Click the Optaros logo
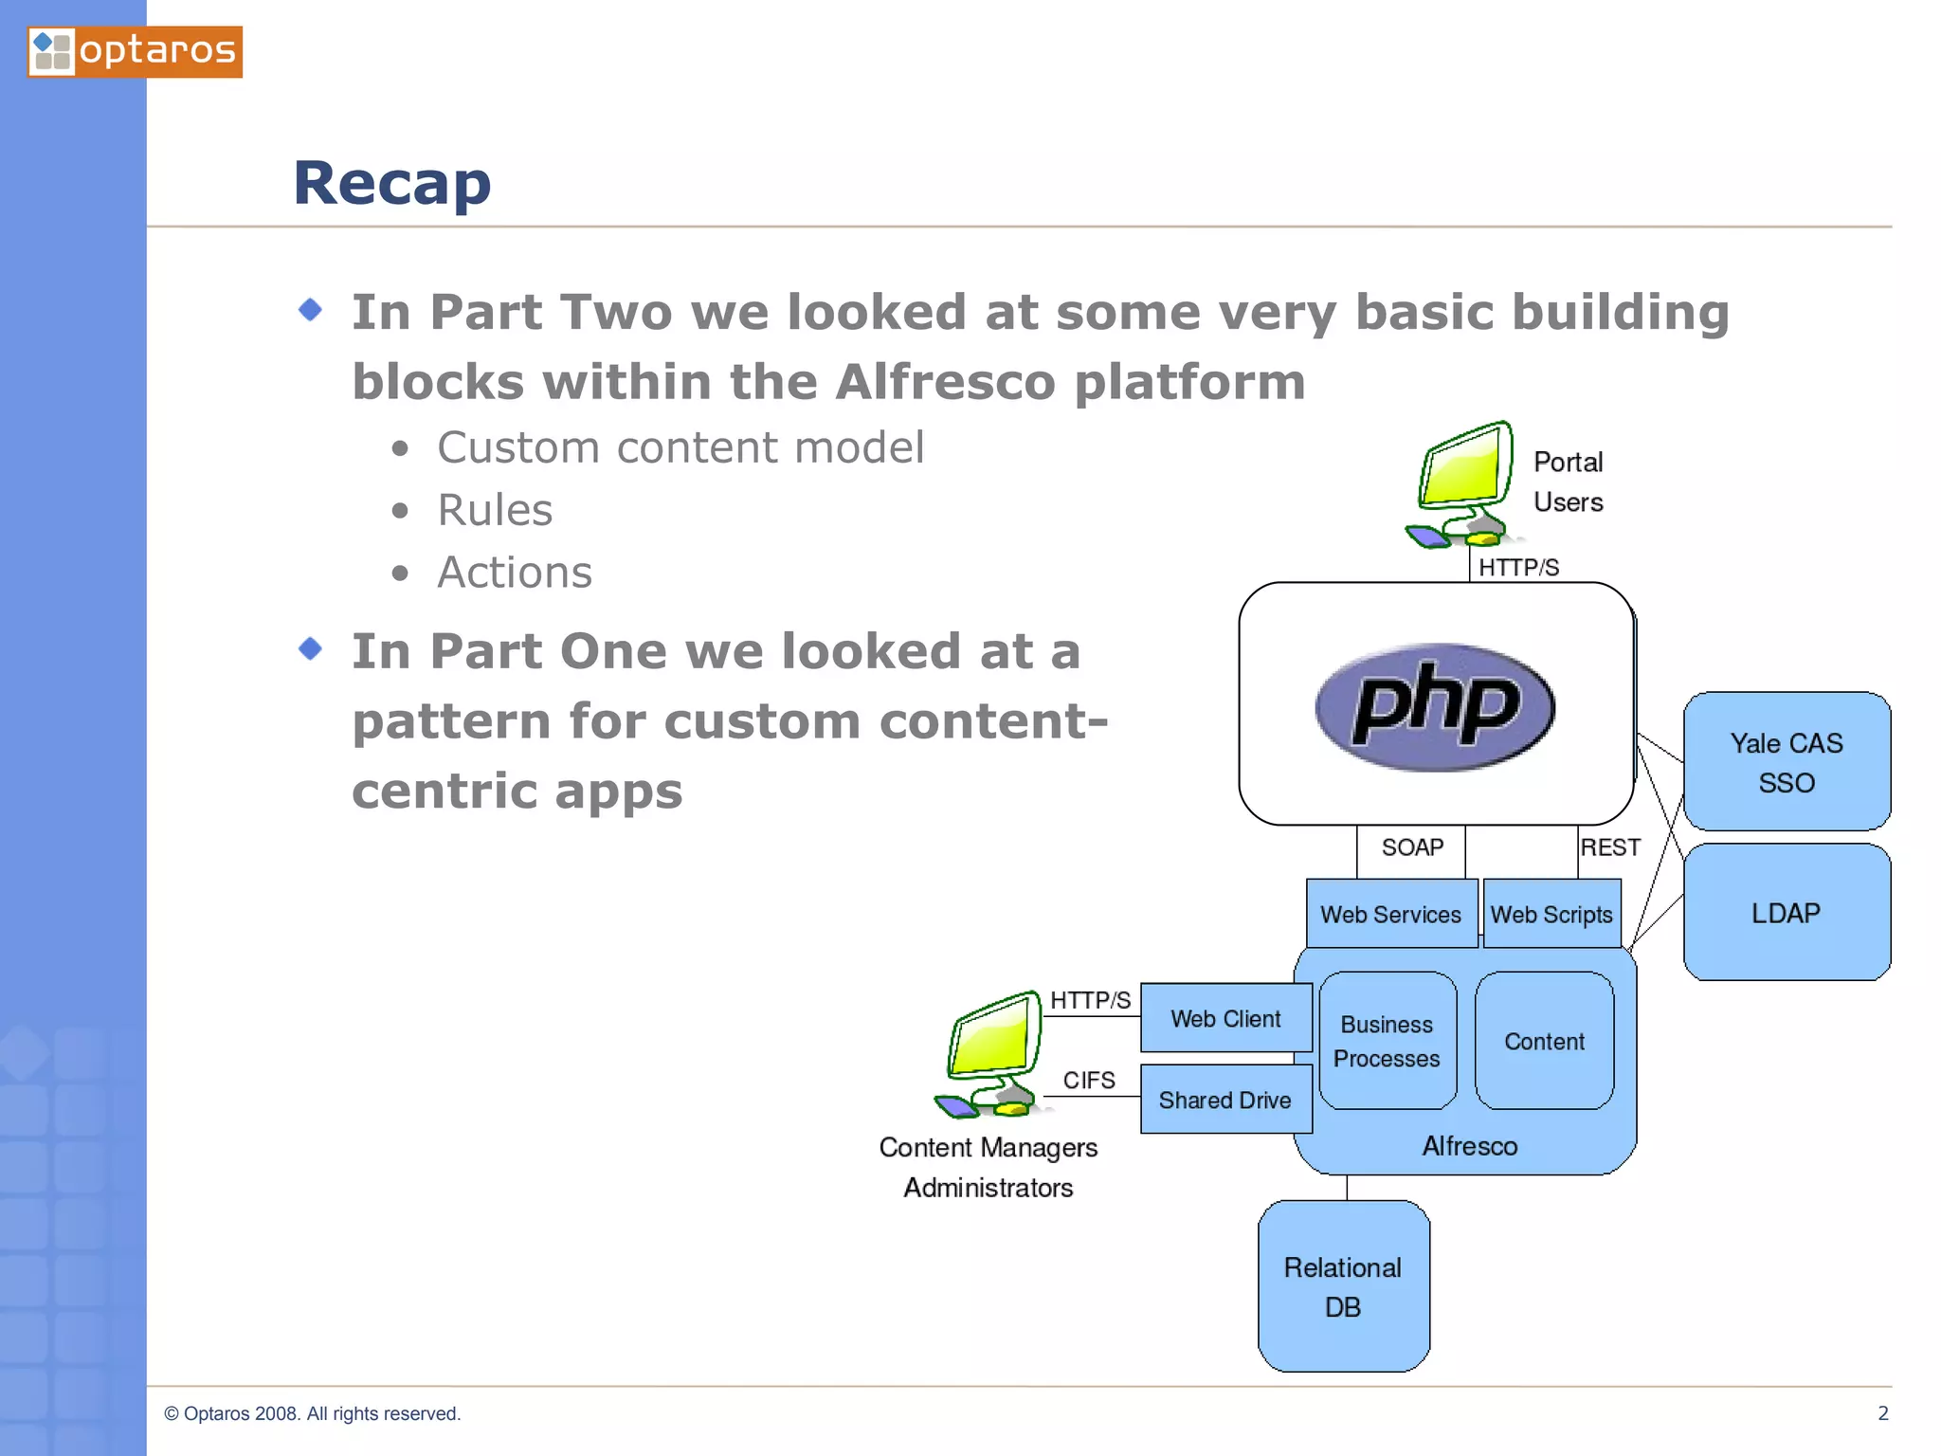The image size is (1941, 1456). [x=135, y=51]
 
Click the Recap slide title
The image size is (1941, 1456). [x=391, y=183]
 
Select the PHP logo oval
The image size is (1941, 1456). [x=1435, y=706]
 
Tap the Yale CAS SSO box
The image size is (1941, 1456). [x=1787, y=762]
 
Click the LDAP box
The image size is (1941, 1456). [x=1787, y=913]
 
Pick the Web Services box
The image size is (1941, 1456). [x=1390, y=914]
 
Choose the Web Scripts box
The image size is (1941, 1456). [x=1551, y=914]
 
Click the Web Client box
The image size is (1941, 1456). [x=1225, y=1018]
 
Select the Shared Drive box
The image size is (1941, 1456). [x=1225, y=1100]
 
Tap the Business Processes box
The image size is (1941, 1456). [x=1387, y=1041]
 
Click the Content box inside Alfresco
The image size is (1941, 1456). [x=1544, y=1041]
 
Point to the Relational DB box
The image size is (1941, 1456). [x=1343, y=1286]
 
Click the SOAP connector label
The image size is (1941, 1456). [x=1412, y=846]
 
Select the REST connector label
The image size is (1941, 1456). [x=1610, y=846]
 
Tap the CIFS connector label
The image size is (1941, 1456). [x=1089, y=1080]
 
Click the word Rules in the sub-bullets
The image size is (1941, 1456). [x=495, y=510]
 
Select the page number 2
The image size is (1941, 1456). [x=1882, y=1413]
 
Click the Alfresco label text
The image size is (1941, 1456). [x=1469, y=1146]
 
